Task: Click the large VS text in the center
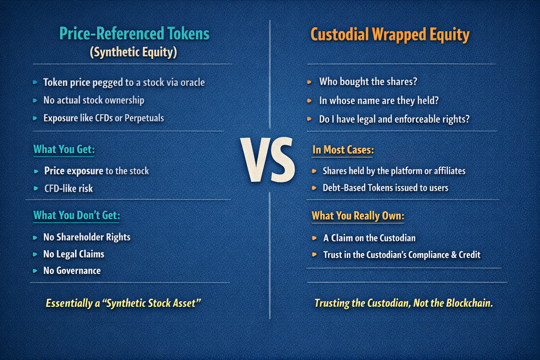tap(267, 160)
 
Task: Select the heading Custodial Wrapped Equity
tap(390, 35)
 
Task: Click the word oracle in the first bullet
tap(192, 82)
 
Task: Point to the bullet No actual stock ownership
tap(94, 100)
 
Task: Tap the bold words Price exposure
tap(73, 171)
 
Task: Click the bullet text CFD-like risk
tap(68, 188)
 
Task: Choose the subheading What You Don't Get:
tap(76, 215)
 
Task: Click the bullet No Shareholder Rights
tap(87, 237)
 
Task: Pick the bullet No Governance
tap(72, 271)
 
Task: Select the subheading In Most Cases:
tap(343, 150)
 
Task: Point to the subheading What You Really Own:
tap(358, 216)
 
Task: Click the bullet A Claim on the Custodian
tap(369, 238)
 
